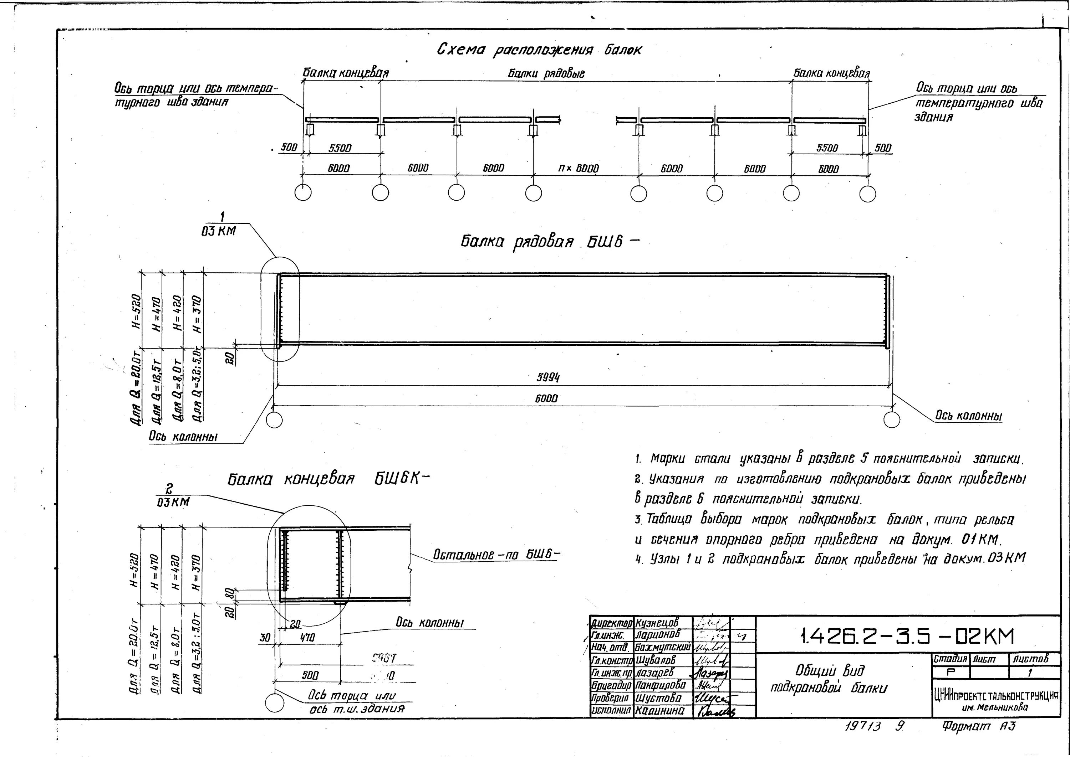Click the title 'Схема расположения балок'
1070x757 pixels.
click(539, 50)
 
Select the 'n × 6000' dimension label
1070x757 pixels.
click(579, 168)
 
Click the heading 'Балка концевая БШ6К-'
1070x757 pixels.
click(328, 479)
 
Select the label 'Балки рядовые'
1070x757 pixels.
click(546, 74)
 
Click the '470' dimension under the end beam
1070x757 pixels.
click(308, 637)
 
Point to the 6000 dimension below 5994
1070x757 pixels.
click(546, 398)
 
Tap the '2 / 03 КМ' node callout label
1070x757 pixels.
click(173, 495)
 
